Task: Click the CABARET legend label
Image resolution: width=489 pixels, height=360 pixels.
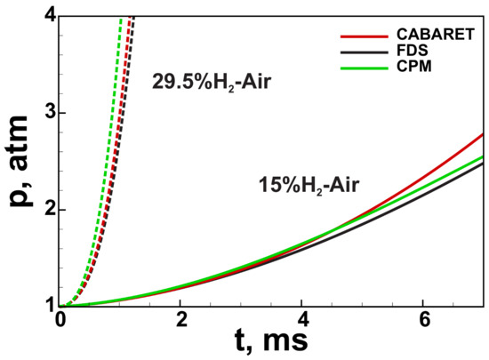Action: click(x=422, y=36)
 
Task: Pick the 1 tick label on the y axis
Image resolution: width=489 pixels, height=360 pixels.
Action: click(x=49, y=306)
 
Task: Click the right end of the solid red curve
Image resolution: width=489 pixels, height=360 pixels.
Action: click(x=483, y=134)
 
